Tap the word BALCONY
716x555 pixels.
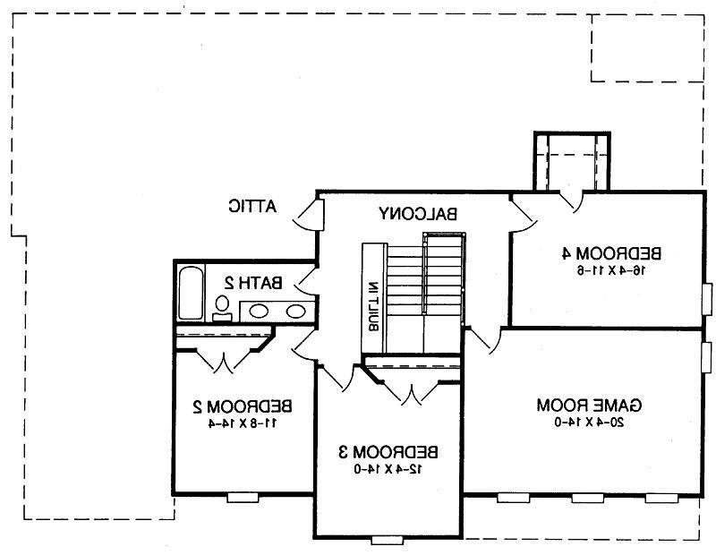click(x=419, y=213)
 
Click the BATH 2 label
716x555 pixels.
click(x=253, y=283)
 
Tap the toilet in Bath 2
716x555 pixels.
click(x=221, y=309)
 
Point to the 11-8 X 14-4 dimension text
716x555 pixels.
click(x=236, y=423)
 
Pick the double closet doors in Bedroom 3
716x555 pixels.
click(x=411, y=393)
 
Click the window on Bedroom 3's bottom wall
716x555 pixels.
click(x=387, y=539)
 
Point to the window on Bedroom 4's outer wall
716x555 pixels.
click(x=706, y=295)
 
